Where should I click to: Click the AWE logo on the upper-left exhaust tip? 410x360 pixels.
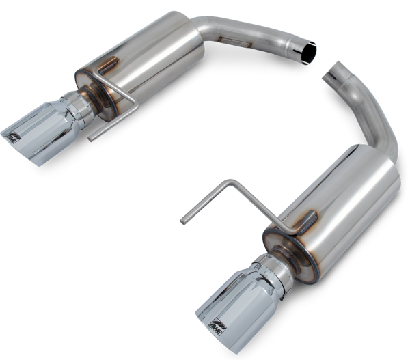pos(13,137)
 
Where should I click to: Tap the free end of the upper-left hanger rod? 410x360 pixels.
pos(92,139)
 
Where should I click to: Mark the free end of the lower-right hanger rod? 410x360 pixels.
pos(183,220)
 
